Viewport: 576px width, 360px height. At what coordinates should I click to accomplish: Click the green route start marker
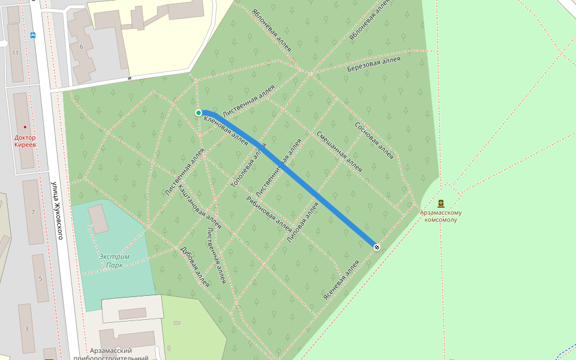point(199,113)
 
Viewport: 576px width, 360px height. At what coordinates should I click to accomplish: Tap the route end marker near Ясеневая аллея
point(376,247)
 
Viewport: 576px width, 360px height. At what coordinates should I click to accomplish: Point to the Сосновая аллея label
point(374,141)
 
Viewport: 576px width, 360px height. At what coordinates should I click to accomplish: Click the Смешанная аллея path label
point(339,152)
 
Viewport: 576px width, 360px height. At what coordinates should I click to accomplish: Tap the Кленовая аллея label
point(226,131)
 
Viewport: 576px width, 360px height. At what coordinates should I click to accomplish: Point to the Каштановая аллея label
point(200,206)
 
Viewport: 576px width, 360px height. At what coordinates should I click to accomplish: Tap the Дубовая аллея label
point(194,266)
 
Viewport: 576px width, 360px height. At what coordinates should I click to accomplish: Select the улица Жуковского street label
point(57,210)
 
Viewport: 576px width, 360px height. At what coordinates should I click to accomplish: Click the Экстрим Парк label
point(114,260)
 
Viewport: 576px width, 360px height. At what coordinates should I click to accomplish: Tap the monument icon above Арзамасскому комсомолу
point(441,203)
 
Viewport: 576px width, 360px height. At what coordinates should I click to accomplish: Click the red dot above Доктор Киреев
point(25,127)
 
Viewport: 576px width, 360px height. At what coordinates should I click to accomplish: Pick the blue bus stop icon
point(33,35)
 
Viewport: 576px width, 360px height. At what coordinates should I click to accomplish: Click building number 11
point(16,53)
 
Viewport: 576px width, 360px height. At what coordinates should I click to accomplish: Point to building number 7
point(33,212)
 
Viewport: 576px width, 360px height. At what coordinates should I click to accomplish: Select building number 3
point(26,328)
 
